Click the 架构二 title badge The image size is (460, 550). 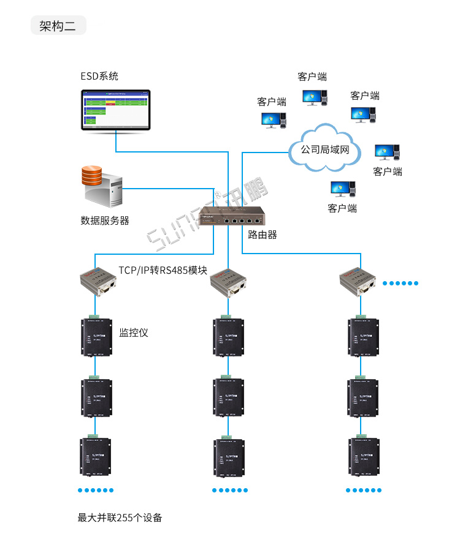point(58,26)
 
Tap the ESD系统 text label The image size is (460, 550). point(99,77)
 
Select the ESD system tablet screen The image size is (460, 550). point(115,110)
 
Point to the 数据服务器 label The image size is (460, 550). point(105,220)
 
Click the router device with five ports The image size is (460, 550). point(232,217)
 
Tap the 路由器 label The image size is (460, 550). point(263,235)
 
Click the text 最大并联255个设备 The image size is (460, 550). point(120,518)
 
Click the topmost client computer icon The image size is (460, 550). point(314,97)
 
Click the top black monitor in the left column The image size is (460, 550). point(96,337)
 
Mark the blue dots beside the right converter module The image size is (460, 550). point(400,283)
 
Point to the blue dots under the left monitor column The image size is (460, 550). point(96,490)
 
